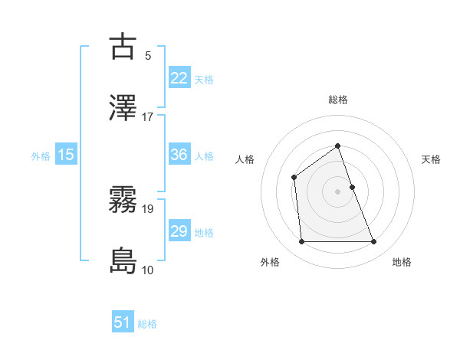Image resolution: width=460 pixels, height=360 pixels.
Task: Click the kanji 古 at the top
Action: click(123, 47)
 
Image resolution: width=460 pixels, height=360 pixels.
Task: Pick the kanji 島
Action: click(123, 261)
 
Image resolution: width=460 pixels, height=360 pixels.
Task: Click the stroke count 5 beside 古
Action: click(148, 55)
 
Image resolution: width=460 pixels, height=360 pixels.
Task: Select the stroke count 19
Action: click(148, 208)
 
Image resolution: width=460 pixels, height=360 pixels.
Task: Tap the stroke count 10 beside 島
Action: click(148, 270)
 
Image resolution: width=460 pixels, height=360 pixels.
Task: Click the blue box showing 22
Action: click(179, 77)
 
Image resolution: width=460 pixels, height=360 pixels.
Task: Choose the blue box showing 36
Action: click(179, 155)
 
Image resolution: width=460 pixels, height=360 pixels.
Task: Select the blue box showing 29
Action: click(179, 231)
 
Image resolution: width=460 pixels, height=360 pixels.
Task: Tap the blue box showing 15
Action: click(66, 155)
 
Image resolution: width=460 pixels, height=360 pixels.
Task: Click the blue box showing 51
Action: click(123, 322)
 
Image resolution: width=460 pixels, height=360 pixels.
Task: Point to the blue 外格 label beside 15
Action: click(41, 155)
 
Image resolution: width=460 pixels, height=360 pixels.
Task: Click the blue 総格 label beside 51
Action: click(147, 324)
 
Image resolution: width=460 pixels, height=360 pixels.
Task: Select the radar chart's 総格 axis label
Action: click(337, 100)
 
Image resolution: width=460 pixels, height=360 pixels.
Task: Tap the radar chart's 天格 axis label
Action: click(432, 159)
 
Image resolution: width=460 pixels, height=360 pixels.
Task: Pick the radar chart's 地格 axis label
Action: click(402, 262)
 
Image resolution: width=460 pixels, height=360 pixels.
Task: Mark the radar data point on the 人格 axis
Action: click(294, 178)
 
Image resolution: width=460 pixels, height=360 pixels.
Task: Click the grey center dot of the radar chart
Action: click(337, 191)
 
